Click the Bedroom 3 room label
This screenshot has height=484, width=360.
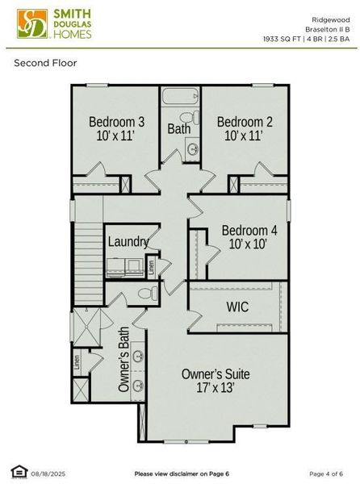pos(116,123)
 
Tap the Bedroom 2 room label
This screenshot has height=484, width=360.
pos(245,123)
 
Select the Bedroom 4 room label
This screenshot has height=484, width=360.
pos(249,230)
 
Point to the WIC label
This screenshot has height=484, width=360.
pos(237,307)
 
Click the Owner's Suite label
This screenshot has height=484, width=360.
pos(216,374)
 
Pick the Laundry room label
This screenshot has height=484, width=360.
pos(128,241)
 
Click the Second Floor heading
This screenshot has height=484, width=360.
pos(45,63)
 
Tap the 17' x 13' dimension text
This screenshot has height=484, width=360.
pos(216,388)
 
